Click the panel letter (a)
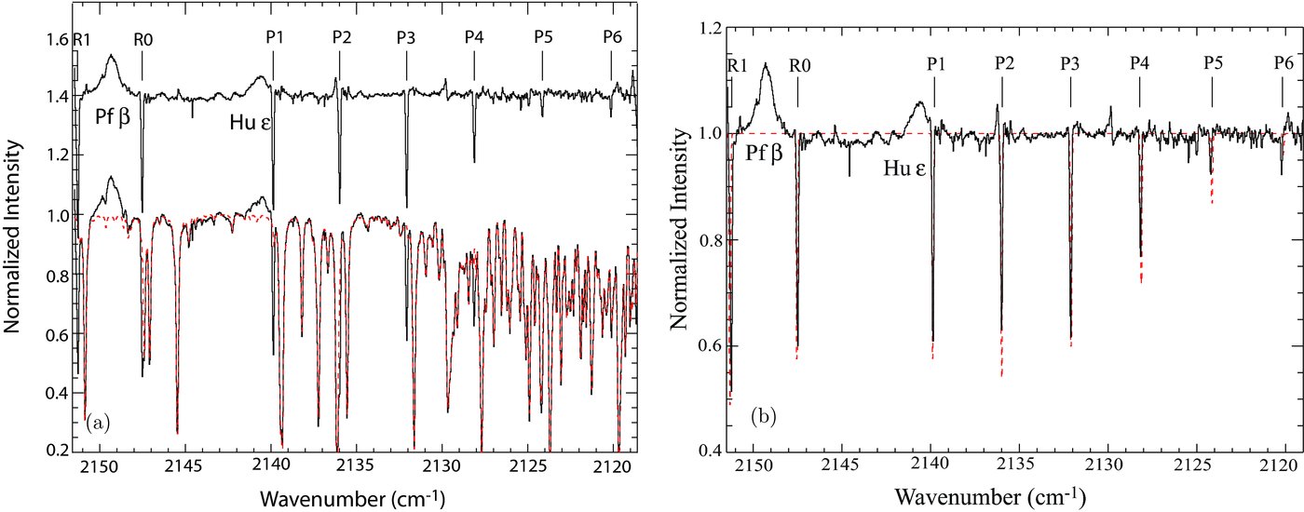tap(98, 424)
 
